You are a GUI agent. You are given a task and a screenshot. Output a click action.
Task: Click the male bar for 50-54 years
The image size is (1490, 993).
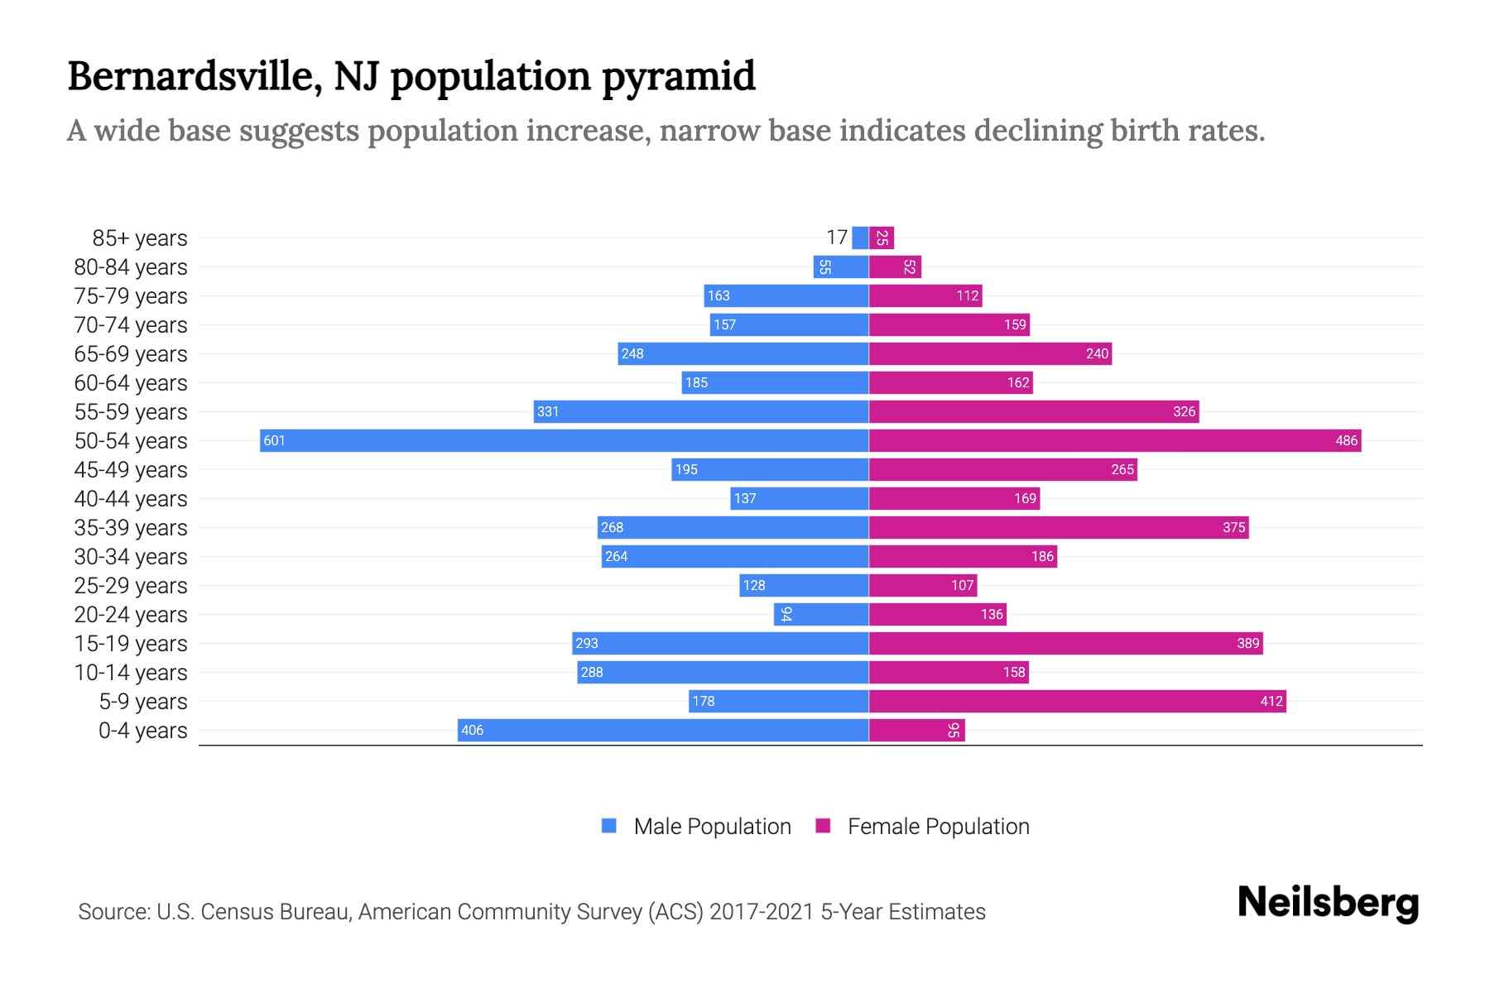click(563, 440)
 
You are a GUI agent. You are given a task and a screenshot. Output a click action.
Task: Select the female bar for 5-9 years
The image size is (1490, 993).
click(1076, 701)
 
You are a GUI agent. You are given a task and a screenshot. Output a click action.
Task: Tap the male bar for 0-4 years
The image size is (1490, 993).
click(662, 730)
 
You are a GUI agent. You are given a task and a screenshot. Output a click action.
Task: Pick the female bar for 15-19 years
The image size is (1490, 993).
click(1065, 643)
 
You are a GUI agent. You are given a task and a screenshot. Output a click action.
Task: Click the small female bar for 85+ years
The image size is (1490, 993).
click(882, 237)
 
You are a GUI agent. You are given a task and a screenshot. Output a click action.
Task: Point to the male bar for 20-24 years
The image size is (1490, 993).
click(820, 614)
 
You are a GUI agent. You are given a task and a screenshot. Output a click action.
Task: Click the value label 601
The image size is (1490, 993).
click(274, 440)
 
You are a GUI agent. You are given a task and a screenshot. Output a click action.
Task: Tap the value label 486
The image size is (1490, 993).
click(1346, 440)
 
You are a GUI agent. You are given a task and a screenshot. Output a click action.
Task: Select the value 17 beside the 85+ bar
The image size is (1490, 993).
click(837, 237)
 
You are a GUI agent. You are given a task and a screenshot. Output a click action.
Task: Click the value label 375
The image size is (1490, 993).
click(1233, 527)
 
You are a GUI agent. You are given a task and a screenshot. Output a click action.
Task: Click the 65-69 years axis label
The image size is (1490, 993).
click(131, 353)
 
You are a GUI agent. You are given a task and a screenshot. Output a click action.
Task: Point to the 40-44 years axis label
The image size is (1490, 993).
click(131, 498)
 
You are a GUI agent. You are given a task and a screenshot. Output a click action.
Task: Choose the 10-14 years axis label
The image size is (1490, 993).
click(131, 672)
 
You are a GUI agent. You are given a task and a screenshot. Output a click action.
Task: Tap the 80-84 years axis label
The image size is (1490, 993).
click(131, 266)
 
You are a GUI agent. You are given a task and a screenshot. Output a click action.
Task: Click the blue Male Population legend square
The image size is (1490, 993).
click(609, 826)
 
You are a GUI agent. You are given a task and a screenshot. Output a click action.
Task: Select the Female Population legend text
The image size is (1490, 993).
click(938, 826)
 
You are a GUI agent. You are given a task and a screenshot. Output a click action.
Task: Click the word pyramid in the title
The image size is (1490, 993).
click(678, 76)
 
